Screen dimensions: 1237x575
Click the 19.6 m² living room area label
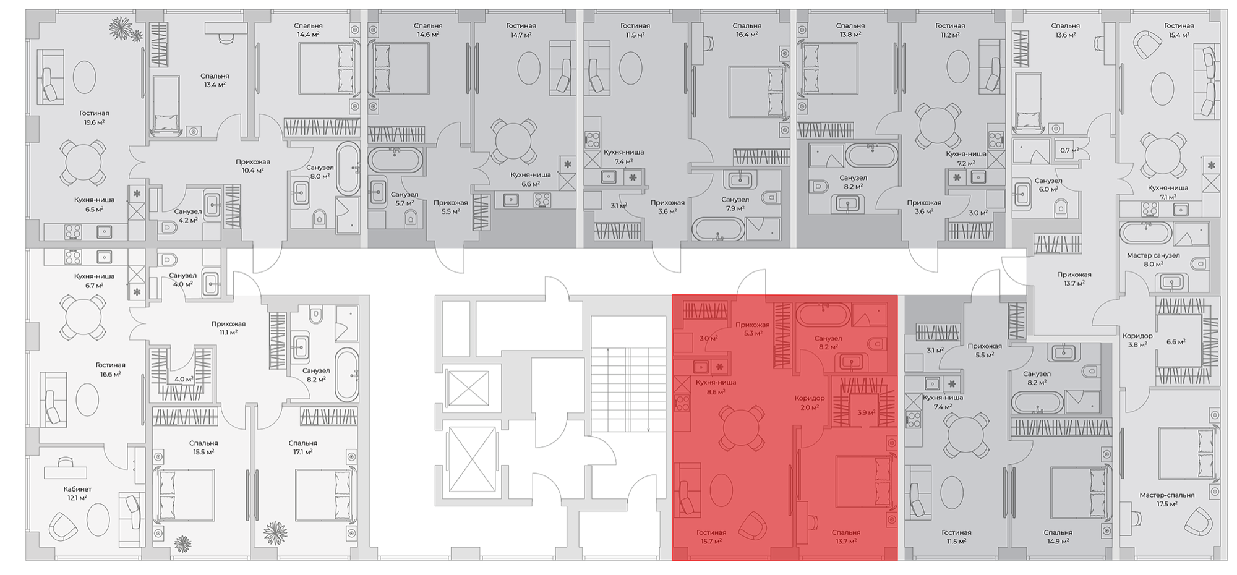click(x=94, y=122)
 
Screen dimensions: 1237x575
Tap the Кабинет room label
click(x=77, y=489)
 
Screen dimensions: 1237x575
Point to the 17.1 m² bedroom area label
click(x=302, y=452)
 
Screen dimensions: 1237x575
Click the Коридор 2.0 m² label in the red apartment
click(x=810, y=402)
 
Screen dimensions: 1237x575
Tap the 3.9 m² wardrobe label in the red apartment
click(x=866, y=412)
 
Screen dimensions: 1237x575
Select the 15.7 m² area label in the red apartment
click(x=711, y=542)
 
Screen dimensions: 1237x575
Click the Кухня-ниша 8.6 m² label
click(x=716, y=387)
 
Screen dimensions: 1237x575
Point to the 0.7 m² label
click(x=1069, y=150)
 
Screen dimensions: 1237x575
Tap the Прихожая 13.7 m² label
click(x=1074, y=279)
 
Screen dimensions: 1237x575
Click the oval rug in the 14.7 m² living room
click(x=529, y=68)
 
